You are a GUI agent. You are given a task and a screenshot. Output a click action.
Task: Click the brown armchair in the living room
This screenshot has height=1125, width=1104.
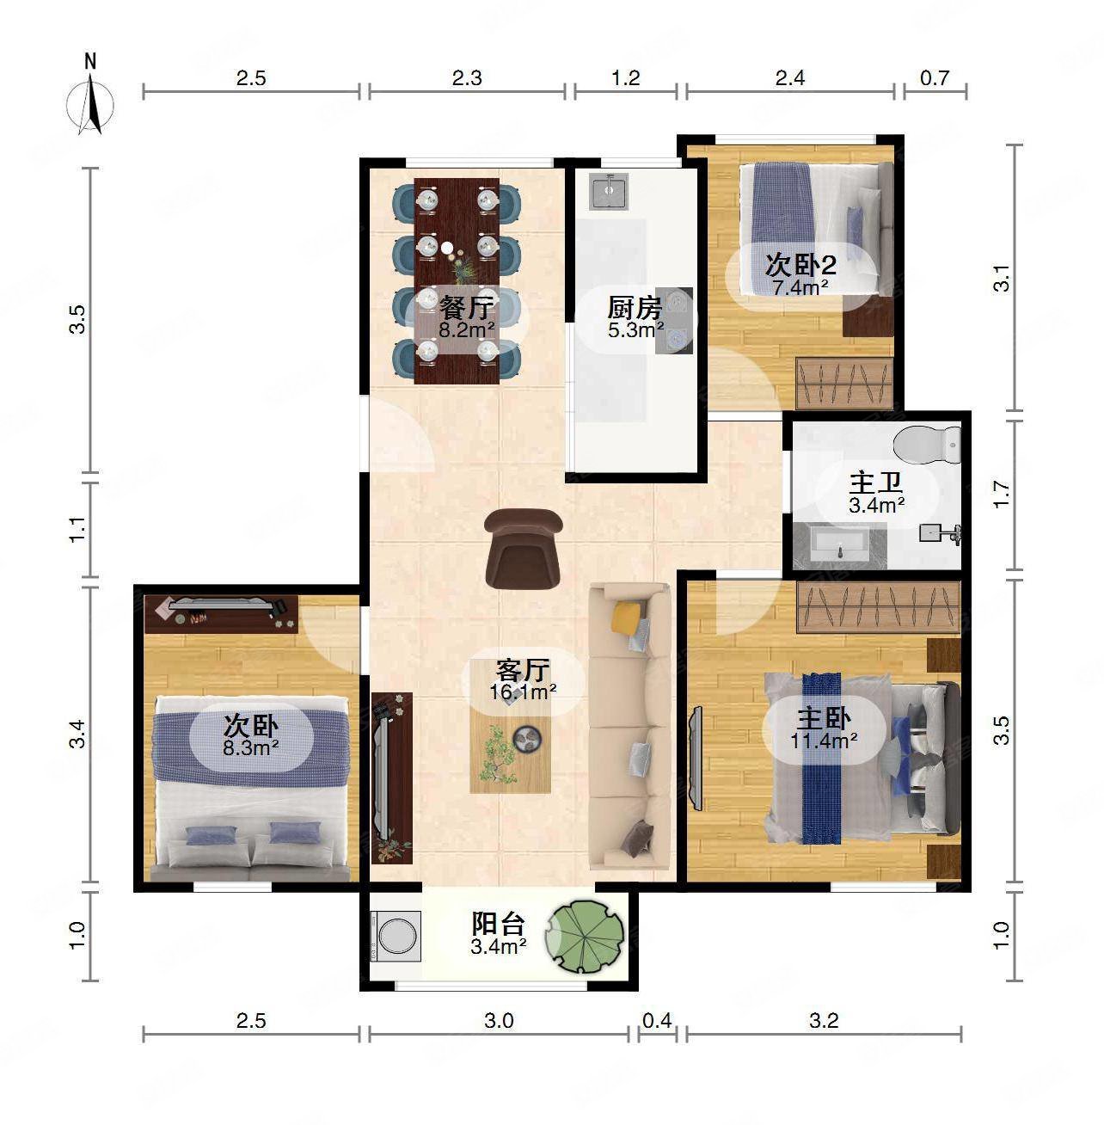click(x=522, y=549)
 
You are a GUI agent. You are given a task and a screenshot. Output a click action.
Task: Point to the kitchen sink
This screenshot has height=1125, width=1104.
click(x=609, y=191)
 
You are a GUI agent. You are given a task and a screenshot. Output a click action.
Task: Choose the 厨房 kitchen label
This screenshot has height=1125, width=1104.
click(x=635, y=307)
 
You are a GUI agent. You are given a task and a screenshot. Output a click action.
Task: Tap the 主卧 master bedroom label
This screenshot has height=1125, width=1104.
click(x=824, y=719)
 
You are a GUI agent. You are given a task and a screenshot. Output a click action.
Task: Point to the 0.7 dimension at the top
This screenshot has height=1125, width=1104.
click(x=935, y=78)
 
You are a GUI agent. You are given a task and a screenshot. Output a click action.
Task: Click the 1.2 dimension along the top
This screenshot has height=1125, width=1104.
click(x=625, y=78)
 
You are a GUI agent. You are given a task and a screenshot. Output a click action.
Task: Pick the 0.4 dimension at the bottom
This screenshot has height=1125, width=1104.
click(x=657, y=1020)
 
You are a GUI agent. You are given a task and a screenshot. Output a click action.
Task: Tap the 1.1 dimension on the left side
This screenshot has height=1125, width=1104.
click(x=77, y=530)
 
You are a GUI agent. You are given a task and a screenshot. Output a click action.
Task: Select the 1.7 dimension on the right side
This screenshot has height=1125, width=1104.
click(x=1001, y=495)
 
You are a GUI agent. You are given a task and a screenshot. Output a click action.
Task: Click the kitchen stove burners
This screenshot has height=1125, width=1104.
click(x=674, y=321)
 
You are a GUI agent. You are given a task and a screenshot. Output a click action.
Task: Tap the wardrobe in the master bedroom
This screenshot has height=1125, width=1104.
click(x=879, y=607)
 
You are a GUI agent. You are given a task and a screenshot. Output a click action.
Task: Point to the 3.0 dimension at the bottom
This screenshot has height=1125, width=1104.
click(x=499, y=1020)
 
